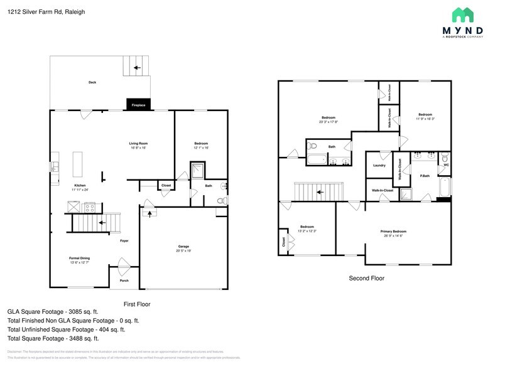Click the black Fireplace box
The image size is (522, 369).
[x=138, y=105]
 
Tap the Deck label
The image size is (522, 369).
[x=92, y=82]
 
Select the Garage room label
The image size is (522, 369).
[x=183, y=247]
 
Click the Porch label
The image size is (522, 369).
[x=124, y=281]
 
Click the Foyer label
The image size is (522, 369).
[x=124, y=240]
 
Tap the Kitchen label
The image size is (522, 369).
[x=80, y=186]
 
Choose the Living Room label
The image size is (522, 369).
[x=138, y=144]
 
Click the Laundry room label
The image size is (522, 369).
[x=379, y=166]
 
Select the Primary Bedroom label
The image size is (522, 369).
[x=393, y=232]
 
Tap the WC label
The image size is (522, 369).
[x=446, y=165]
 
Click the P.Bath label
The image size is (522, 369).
[x=425, y=176]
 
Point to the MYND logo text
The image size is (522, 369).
[x=462, y=30]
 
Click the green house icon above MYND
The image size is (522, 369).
[x=463, y=15]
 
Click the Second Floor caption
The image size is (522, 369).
[x=366, y=278]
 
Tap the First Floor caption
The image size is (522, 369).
[x=137, y=304]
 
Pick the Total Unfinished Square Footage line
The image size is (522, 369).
[x=66, y=329]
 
